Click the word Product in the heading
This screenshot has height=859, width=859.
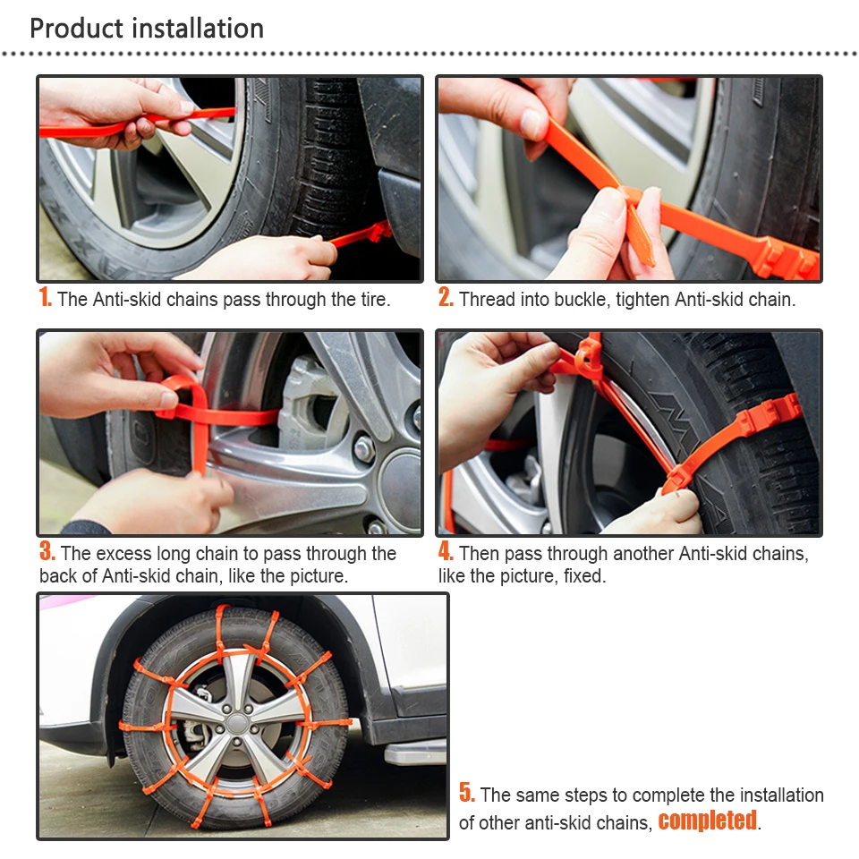tap(76, 29)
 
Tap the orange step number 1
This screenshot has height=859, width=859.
tap(45, 297)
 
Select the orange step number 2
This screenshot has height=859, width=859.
tap(446, 297)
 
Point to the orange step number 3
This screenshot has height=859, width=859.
tap(47, 551)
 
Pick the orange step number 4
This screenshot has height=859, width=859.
tap(446, 551)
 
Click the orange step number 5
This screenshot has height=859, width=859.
tap(467, 792)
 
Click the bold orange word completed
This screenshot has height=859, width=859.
tap(707, 821)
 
